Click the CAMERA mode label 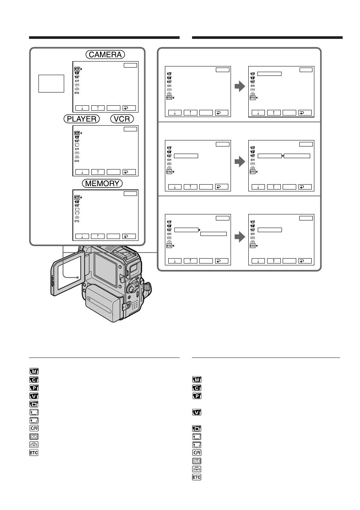tap(105, 55)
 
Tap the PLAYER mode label tap(82, 119)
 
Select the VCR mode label tap(122, 119)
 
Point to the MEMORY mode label tap(102, 183)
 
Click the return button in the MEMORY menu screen tap(129, 236)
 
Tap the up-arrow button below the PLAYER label tap(98, 172)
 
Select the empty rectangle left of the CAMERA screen tap(51, 83)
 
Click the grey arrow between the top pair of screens tap(240, 86)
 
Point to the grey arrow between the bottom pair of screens tap(240, 237)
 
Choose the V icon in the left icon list tap(34, 396)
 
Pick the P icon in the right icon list tap(197, 396)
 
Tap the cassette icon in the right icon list tap(197, 461)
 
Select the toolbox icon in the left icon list tap(34, 445)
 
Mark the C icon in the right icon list tap(197, 388)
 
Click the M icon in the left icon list tap(34, 371)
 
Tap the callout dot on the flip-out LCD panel tap(78, 277)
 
